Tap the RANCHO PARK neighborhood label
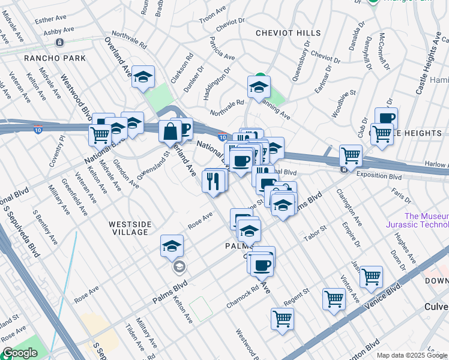(x=55, y=58)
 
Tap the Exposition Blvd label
(x=378, y=176)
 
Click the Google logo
(x=20, y=353)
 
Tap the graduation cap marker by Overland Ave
(x=143, y=77)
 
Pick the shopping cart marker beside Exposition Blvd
(x=351, y=155)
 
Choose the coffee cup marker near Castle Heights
(x=386, y=118)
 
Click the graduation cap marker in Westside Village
(x=172, y=245)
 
